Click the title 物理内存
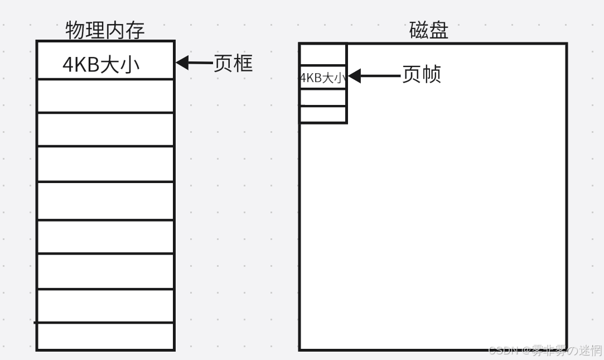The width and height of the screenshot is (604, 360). click(x=105, y=30)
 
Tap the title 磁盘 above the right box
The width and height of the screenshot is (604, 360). click(x=428, y=30)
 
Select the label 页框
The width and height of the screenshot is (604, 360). click(x=234, y=63)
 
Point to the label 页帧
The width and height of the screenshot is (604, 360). click(x=422, y=74)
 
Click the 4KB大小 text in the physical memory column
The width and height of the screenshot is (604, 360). click(x=100, y=65)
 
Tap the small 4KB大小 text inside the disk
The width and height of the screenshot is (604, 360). click(x=323, y=78)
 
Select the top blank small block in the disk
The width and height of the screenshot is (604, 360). click(x=323, y=55)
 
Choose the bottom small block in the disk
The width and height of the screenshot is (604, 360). click(x=323, y=114)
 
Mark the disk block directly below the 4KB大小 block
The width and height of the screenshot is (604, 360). click(x=323, y=97)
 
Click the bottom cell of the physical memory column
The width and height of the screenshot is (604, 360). click(x=105, y=336)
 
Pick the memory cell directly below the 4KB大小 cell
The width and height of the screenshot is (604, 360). click(x=105, y=96)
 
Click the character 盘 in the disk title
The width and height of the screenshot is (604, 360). click(x=438, y=30)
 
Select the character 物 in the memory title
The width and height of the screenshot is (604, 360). click(x=75, y=30)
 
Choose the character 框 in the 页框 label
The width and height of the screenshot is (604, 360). click(x=243, y=63)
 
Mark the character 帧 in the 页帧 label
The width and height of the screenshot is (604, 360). click(x=431, y=74)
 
